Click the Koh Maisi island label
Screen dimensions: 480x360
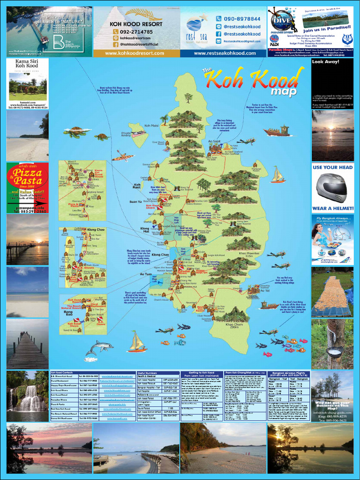tap(151, 126)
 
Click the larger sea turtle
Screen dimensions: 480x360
tap(77, 132)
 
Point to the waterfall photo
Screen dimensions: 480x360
tap(27, 397)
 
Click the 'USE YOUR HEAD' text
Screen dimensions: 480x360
tap(332, 167)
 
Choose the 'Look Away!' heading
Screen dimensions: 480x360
tap(325, 61)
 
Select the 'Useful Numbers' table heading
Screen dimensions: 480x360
tap(150, 373)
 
